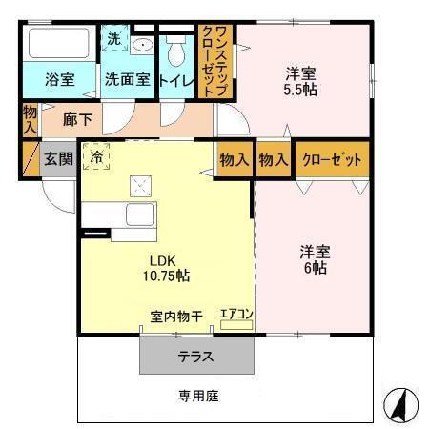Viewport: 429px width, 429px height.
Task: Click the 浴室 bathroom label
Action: pos(59,80)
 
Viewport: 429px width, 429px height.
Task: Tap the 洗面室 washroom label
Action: pos(127,80)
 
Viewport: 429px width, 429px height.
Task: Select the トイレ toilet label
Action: pos(176,80)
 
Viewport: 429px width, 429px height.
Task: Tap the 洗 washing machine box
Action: pos(113,42)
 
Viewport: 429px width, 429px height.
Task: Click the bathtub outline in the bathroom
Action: pos(59,45)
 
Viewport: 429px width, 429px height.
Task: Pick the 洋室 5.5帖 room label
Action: pos(301,80)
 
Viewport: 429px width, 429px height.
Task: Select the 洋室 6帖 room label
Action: pos(314,259)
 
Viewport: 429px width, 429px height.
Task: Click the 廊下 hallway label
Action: pos(78,120)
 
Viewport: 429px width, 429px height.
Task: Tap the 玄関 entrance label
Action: pos(56,157)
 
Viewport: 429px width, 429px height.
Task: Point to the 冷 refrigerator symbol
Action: pos(95,154)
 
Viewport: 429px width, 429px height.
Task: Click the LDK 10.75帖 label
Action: pos(168,268)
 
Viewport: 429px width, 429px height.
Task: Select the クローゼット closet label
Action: pos(332,159)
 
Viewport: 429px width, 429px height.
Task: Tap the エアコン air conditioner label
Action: pos(235,312)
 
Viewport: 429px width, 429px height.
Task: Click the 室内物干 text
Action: pos(175,317)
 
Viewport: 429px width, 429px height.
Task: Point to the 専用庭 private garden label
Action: pos(196,395)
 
